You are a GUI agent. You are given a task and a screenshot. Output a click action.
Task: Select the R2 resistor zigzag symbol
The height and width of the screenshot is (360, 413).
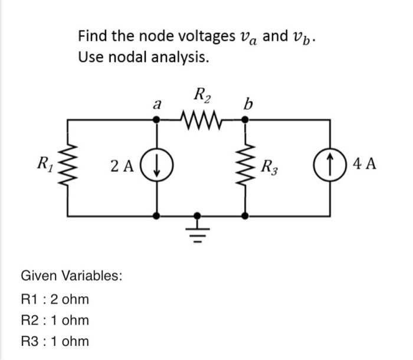[x=202, y=119]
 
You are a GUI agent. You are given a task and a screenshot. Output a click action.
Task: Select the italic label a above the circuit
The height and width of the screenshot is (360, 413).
[x=156, y=105]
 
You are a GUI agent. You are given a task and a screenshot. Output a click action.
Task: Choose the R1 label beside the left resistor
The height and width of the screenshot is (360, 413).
[x=48, y=163]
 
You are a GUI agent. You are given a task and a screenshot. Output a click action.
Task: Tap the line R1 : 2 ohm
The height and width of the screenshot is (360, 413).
[x=55, y=299]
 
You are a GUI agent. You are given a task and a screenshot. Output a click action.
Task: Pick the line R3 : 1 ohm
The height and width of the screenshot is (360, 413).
[x=55, y=341]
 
